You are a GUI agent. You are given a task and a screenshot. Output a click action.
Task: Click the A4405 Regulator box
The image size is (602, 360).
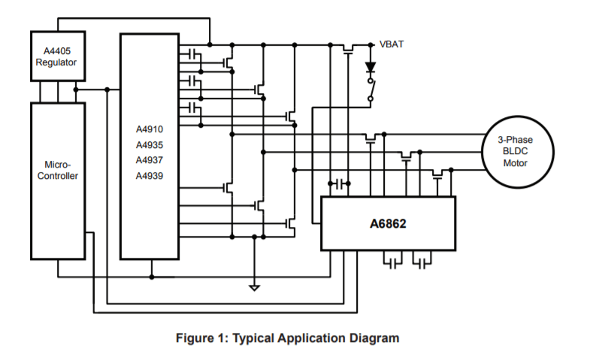[x=57, y=56]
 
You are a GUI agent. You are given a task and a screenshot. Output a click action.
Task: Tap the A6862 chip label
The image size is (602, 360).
[x=388, y=223]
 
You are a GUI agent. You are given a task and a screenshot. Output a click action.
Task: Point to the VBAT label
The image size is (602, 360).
[x=392, y=44]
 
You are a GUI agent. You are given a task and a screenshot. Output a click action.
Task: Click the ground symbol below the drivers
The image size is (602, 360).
[x=255, y=286]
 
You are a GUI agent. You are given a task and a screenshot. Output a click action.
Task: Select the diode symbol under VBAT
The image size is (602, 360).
[x=370, y=67]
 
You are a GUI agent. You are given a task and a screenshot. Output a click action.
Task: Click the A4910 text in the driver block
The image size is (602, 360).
[x=150, y=129]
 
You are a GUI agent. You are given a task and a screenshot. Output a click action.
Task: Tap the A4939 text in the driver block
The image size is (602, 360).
[x=150, y=176]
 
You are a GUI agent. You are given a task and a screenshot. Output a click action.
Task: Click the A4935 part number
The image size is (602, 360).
[x=150, y=145]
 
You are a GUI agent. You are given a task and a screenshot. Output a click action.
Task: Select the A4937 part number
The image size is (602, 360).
[x=150, y=160]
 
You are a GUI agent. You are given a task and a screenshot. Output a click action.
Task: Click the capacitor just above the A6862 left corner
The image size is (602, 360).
[x=342, y=183]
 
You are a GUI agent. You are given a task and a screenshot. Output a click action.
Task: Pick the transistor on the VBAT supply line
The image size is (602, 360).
[x=348, y=49]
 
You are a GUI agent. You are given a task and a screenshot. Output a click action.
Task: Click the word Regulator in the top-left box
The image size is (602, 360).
[x=57, y=63]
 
